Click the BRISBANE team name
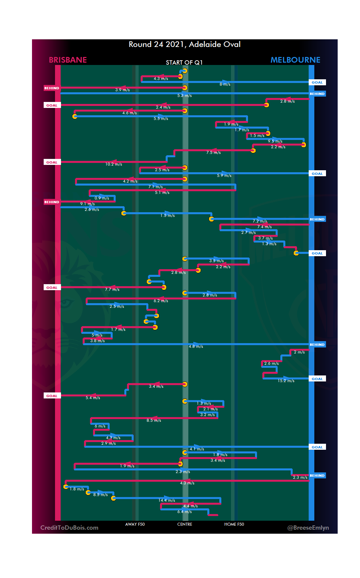[68, 60]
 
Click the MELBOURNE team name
[295, 60]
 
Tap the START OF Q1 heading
[184, 63]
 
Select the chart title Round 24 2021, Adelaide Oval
[184, 44]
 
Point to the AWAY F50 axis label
[135, 524]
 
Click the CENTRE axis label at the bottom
[185, 524]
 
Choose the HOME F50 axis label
[234, 524]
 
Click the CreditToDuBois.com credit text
[69, 528]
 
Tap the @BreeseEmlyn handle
[308, 528]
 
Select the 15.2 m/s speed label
[286, 381]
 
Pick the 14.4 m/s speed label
[167, 500]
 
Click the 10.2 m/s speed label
[114, 164]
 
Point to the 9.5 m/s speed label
[275, 141]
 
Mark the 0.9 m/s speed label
[102, 198]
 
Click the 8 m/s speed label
[225, 84]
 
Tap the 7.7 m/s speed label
[112, 289]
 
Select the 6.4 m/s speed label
[184, 512]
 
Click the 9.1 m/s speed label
[87, 204]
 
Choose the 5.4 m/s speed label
[93, 398]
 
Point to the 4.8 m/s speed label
[196, 346]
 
